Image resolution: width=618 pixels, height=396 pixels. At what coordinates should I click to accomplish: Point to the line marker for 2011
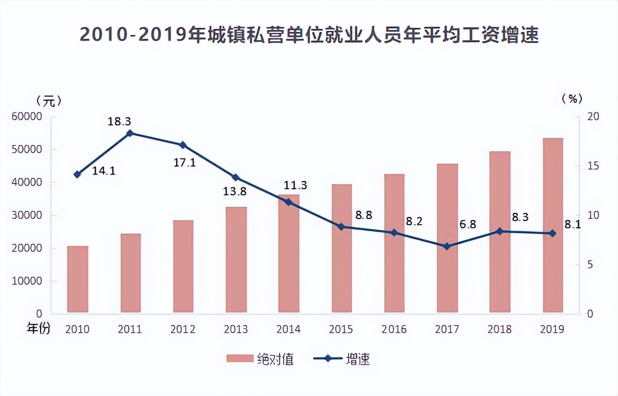(x=130, y=133)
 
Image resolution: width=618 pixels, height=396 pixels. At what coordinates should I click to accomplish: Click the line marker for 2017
(x=447, y=246)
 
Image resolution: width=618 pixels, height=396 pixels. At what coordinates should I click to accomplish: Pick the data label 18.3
(x=119, y=122)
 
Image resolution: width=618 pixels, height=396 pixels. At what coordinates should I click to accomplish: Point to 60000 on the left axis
(x=26, y=117)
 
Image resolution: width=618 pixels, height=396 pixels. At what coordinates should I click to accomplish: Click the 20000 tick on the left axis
(x=26, y=248)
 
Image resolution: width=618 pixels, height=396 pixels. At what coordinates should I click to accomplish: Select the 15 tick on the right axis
(x=593, y=166)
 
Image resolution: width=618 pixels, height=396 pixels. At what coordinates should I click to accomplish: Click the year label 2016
(x=394, y=329)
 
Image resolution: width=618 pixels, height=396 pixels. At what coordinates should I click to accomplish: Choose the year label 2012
(x=182, y=329)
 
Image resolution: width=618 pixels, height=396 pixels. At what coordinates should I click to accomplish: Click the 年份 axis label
(x=39, y=328)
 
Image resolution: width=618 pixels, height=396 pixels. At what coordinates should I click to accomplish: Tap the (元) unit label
(x=49, y=100)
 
